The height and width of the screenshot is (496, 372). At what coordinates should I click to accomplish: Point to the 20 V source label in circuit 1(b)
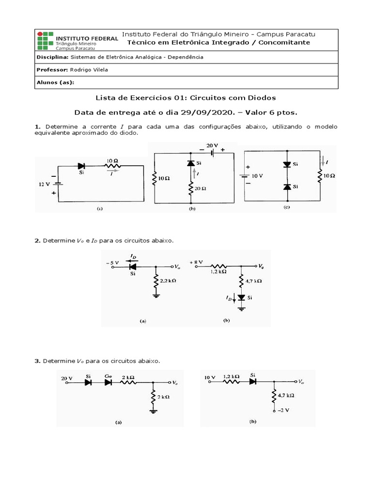[213, 146]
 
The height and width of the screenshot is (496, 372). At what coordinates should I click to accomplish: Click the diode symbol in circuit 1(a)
[81, 166]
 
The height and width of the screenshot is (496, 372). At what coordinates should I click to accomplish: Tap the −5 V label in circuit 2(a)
[112, 263]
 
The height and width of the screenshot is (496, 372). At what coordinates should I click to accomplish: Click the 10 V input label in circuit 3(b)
[210, 376]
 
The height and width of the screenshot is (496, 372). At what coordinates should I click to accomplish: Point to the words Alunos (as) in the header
[55, 82]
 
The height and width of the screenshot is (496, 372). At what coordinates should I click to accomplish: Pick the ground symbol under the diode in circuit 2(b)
[241, 308]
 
